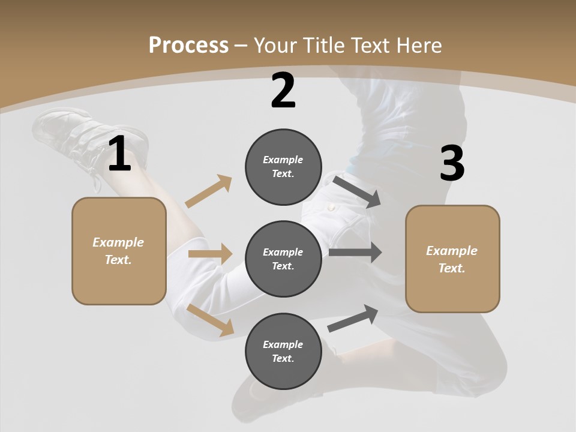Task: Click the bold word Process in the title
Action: (188, 45)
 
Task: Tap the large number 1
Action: (119, 154)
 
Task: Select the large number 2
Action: (283, 91)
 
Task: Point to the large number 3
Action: (452, 163)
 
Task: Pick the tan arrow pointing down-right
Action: (211, 319)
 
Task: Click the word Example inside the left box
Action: (118, 242)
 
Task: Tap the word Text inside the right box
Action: (452, 268)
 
